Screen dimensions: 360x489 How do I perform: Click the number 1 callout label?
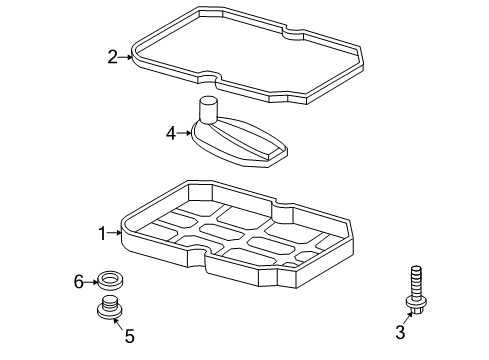pyautogui.click(x=101, y=233)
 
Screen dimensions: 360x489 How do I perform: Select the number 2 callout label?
pyautogui.click(x=113, y=57)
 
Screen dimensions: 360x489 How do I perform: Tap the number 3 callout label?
pyautogui.click(x=401, y=331)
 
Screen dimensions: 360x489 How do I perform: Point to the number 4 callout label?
pyautogui.click(x=170, y=131)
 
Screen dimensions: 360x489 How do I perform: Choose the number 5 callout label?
pyautogui.click(x=129, y=335)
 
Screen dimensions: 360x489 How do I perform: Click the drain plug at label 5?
pyautogui.click(x=106, y=309)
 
